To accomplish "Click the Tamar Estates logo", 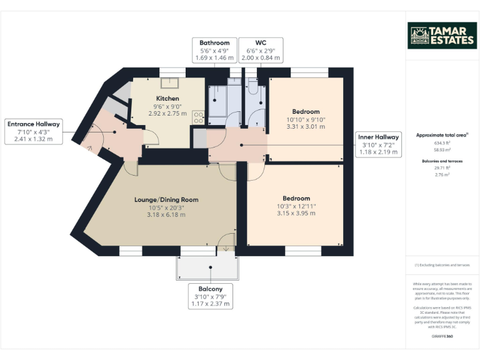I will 442,36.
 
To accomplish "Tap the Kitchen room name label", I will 167,99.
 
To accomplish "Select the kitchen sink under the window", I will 169,83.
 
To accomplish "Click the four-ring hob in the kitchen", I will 199,117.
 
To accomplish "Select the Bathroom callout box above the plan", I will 214,50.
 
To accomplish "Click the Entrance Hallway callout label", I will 34,132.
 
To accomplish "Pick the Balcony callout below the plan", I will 211,297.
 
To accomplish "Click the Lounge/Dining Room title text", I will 166,200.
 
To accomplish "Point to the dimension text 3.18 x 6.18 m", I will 166,215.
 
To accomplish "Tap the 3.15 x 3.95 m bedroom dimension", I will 296,213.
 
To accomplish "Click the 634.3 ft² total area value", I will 442,142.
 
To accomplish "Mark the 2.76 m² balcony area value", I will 442,175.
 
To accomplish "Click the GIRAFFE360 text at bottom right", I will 442,336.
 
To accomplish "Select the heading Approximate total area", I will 442,135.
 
